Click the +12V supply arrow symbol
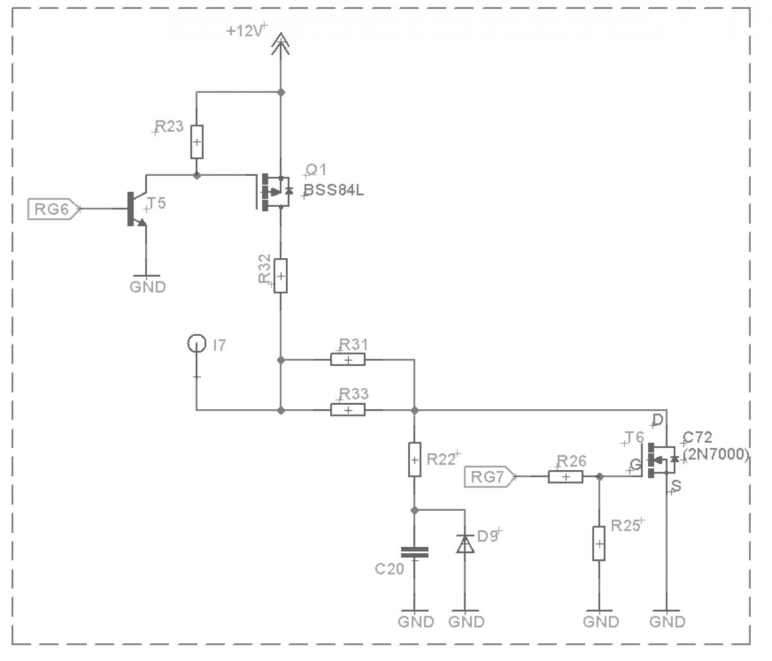pos(280,44)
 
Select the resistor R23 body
pos(197,142)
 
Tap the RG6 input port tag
pos(54,209)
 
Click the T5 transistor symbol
pos(136,208)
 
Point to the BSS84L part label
pos(334,190)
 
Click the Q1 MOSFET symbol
pos(274,192)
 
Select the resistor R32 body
pos(280,276)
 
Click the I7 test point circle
pos(196,343)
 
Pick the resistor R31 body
pos(347,360)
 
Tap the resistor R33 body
pos(347,410)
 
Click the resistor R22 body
pos(414,460)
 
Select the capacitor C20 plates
pos(414,552)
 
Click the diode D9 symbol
pos(465,544)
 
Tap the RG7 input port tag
pos(490,476)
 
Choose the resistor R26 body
pos(565,476)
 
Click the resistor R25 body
pos(599,544)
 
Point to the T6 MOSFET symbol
pos(659,460)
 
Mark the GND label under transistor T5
pos(148,287)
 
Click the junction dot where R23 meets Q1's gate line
pos(197,175)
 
